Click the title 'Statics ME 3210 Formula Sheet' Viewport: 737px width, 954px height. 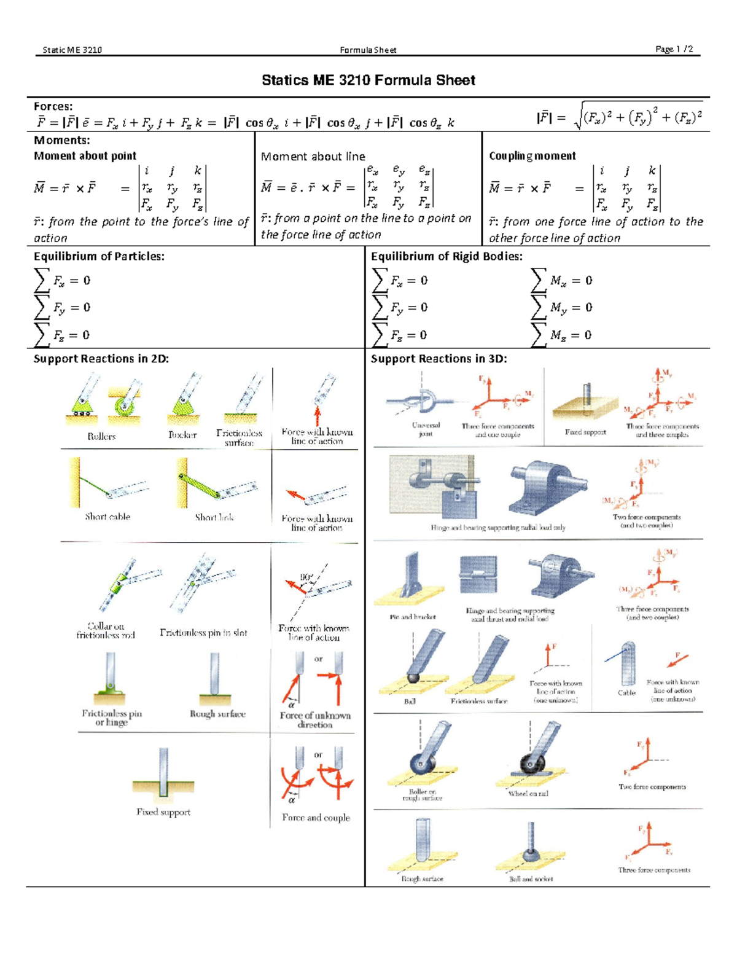pos(368,80)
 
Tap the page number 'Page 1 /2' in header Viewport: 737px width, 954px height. pos(674,49)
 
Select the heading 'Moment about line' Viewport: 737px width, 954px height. pos(313,157)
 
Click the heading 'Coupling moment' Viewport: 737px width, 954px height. pos(532,156)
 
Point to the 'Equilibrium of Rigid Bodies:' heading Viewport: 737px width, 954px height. pos(446,257)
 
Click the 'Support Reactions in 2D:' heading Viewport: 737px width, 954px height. pos(101,359)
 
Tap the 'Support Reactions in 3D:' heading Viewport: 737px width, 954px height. pos(439,359)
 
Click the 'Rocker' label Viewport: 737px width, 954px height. pos(182,435)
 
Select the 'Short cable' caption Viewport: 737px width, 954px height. pos(107,517)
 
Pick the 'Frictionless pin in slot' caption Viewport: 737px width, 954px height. pos(203,633)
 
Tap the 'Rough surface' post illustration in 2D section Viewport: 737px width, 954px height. pos(215,679)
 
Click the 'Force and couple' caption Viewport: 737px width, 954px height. pos(316,818)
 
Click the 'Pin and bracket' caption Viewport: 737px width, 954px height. pos(413,617)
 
